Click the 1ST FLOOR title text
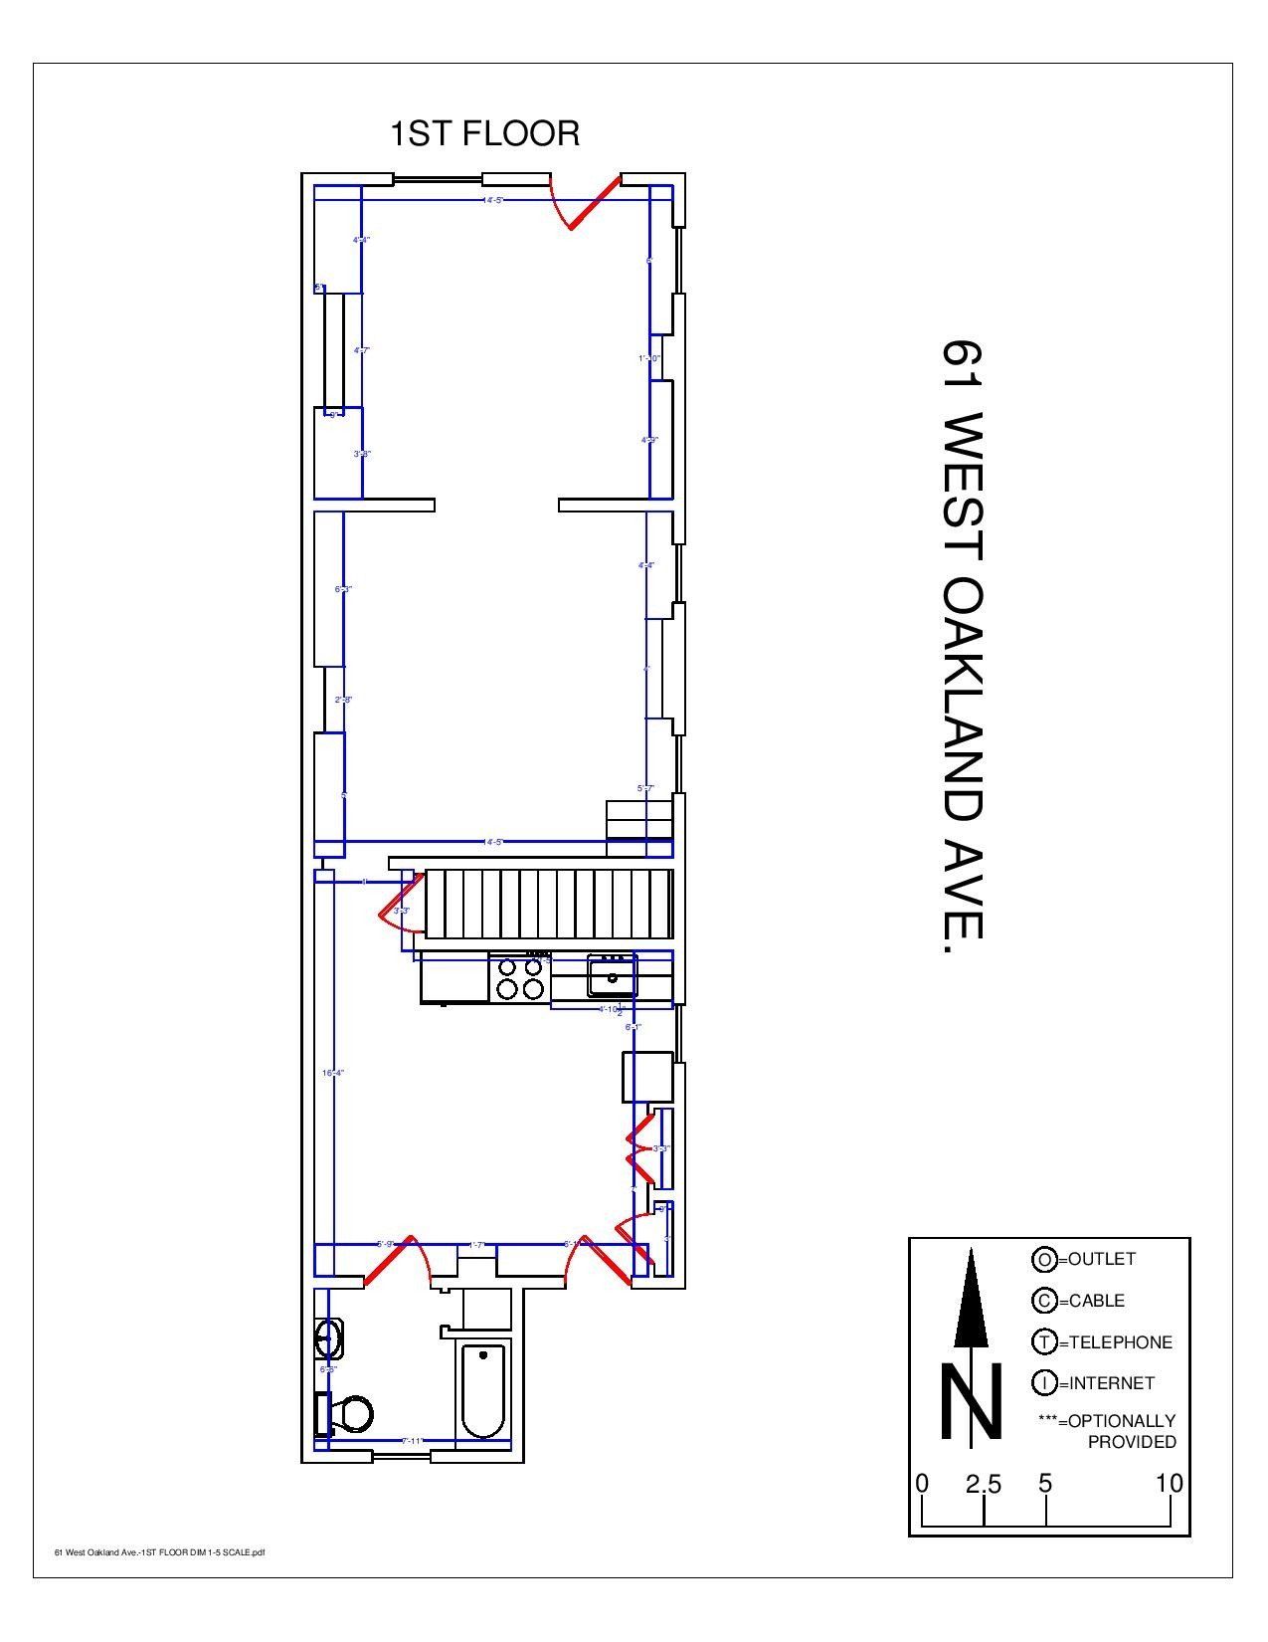coord(484,133)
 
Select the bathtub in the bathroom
coord(483,1389)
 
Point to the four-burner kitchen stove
coord(520,977)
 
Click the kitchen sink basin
coord(611,974)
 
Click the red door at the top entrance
coord(594,204)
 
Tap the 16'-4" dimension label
coord(332,1073)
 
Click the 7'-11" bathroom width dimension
coord(413,1440)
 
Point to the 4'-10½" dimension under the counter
coord(610,1009)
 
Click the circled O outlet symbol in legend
coord(1044,1260)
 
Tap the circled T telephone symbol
coord(1044,1342)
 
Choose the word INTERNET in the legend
coord(1111,1383)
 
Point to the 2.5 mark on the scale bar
coord(983,1485)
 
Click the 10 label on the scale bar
coord(1169,1484)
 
